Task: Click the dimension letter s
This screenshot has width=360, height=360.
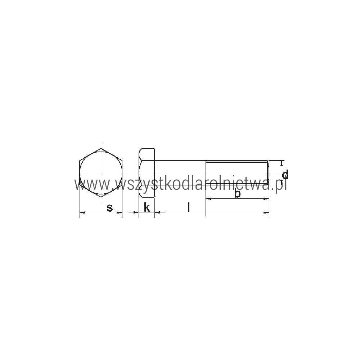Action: [110, 208]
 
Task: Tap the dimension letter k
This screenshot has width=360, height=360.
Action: [147, 207]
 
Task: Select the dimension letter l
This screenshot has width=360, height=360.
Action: [189, 207]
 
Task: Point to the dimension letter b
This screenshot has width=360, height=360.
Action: [237, 194]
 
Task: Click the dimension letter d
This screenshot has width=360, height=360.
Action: [285, 175]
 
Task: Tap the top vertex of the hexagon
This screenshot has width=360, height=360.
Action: [101, 149]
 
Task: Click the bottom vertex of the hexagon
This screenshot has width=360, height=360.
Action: [101, 197]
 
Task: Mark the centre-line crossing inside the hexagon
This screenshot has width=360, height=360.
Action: [101, 173]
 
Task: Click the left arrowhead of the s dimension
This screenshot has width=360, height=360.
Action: [83, 212]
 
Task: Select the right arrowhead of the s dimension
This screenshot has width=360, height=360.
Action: [119, 212]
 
